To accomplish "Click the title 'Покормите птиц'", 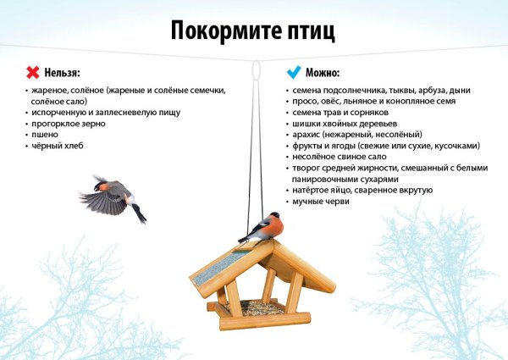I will tap(253, 32).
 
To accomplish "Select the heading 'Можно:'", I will tap(324, 73).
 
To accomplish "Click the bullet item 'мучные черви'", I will tap(321, 202).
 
